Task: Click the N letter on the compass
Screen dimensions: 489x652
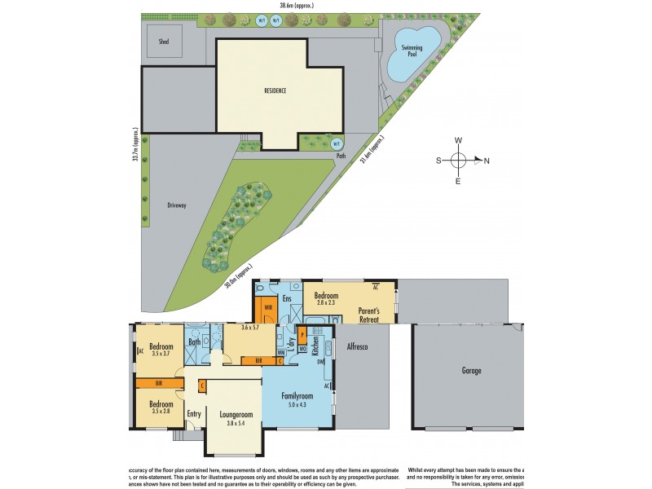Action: [487, 161]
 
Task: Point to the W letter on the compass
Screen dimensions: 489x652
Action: [459, 140]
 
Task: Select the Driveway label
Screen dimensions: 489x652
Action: [177, 205]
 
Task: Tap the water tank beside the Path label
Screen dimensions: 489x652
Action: [337, 143]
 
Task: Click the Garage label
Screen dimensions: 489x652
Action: [471, 371]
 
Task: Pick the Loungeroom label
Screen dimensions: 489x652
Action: [236, 414]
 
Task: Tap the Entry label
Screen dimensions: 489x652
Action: [194, 414]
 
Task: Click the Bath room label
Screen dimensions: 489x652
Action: [195, 341]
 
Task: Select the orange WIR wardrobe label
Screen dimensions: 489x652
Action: [268, 308]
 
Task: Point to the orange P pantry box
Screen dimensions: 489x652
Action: [303, 334]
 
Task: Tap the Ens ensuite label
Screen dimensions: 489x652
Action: [287, 298]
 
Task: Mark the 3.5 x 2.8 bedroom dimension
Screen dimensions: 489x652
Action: [160, 412]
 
